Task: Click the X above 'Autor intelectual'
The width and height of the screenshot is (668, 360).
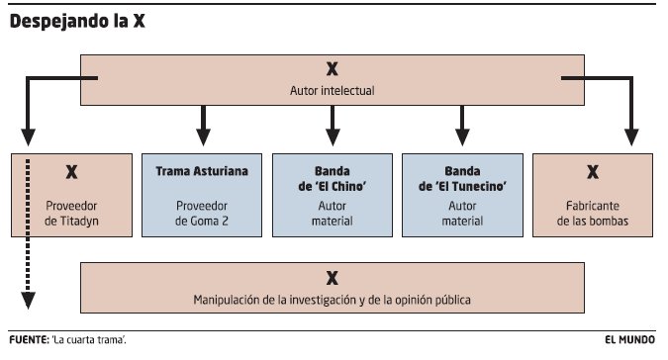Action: (x=333, y=69)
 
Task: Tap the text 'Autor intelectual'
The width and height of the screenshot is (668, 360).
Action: (x=333, y=92)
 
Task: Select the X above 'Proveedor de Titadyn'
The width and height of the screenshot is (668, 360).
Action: (x=70, y=172)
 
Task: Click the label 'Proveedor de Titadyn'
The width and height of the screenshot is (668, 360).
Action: (x=70, y=215)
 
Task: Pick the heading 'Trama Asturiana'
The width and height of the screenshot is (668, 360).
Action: (x=202, y=172)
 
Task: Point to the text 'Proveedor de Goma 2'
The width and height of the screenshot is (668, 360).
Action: (x=202, y=215)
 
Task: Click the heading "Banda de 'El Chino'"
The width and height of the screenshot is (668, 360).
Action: (x=333, y=179)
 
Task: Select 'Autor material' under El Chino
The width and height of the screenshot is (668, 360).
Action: (x=333, y=215)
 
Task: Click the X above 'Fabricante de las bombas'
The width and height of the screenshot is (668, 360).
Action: (x=593, y=172)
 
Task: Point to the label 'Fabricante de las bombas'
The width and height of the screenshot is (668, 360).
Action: (x=593, y=215)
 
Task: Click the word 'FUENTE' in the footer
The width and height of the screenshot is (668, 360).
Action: (x=27, y=339)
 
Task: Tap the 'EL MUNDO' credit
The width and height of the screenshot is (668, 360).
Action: (x=631, y=339)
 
